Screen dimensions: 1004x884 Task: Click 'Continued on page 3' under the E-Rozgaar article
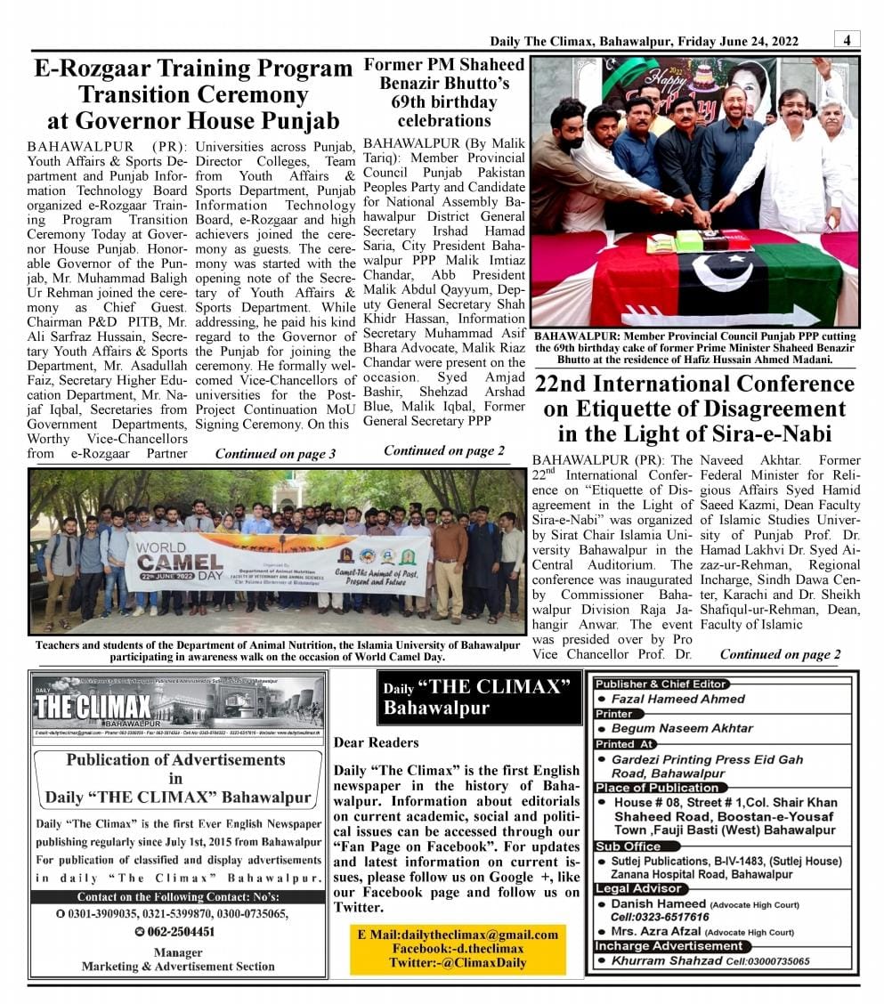[275, 454]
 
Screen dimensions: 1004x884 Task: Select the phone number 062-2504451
[182, 932]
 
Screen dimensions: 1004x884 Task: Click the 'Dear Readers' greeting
[376, 742]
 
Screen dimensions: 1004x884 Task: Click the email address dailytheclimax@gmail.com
[469, 935]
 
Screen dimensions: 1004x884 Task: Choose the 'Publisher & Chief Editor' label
[660, 684]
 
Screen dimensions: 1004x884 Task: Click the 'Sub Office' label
[628, 846]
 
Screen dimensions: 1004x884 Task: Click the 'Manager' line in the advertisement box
[178, 952]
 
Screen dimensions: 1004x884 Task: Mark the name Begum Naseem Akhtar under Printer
[682, 728]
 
